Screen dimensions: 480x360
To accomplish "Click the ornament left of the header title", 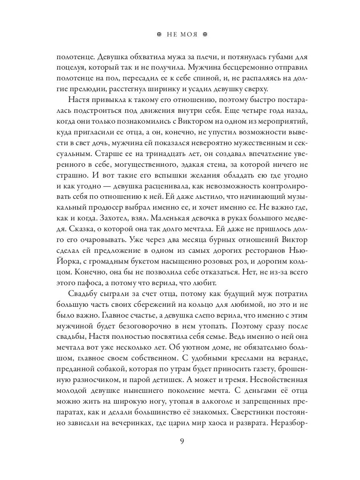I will (x=159, y=34).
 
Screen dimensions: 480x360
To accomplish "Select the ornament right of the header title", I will (x=206, y=34).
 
